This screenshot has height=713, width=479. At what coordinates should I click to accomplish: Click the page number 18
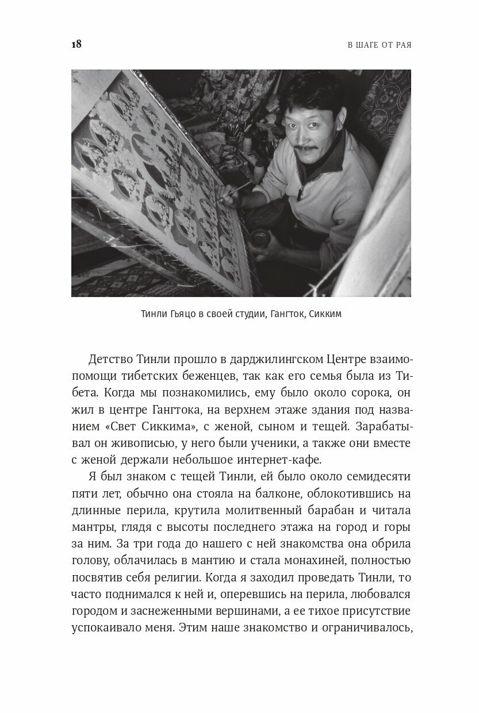click(x=76, y=44)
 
